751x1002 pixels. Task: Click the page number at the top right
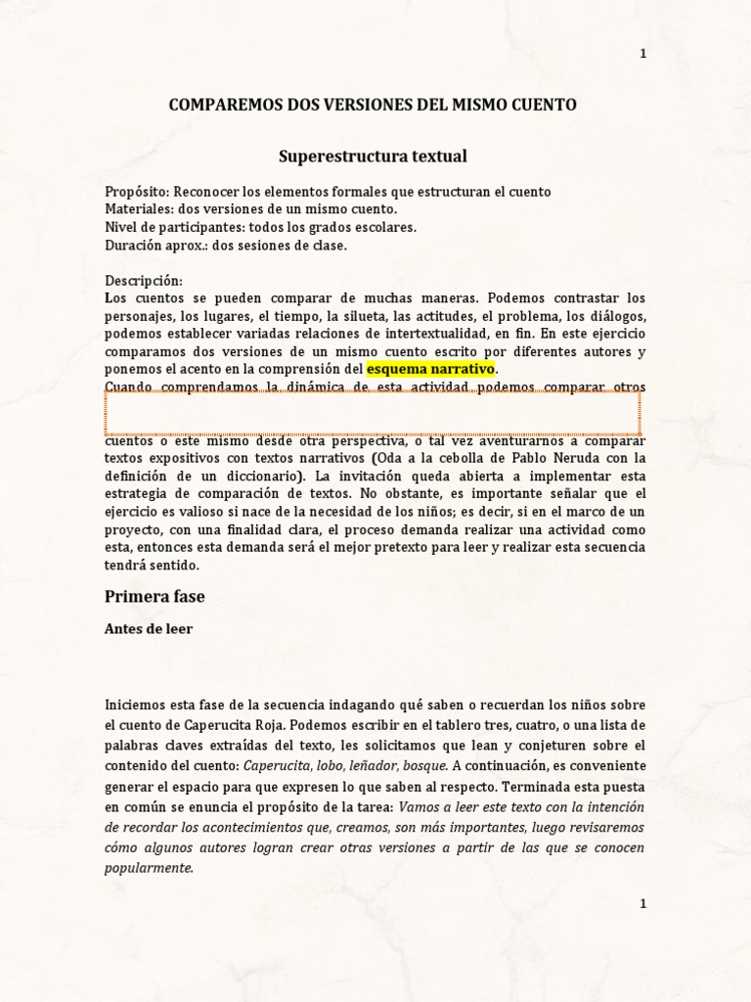642,54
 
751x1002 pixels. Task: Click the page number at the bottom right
642,904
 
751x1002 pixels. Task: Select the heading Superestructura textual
374,156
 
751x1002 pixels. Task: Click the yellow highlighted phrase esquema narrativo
431,369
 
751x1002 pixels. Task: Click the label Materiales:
136,209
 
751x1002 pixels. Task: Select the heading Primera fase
155,596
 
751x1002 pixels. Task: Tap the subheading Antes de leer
149,629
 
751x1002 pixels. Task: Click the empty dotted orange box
373,413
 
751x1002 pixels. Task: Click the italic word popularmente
150,867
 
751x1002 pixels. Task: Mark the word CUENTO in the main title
542,105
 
